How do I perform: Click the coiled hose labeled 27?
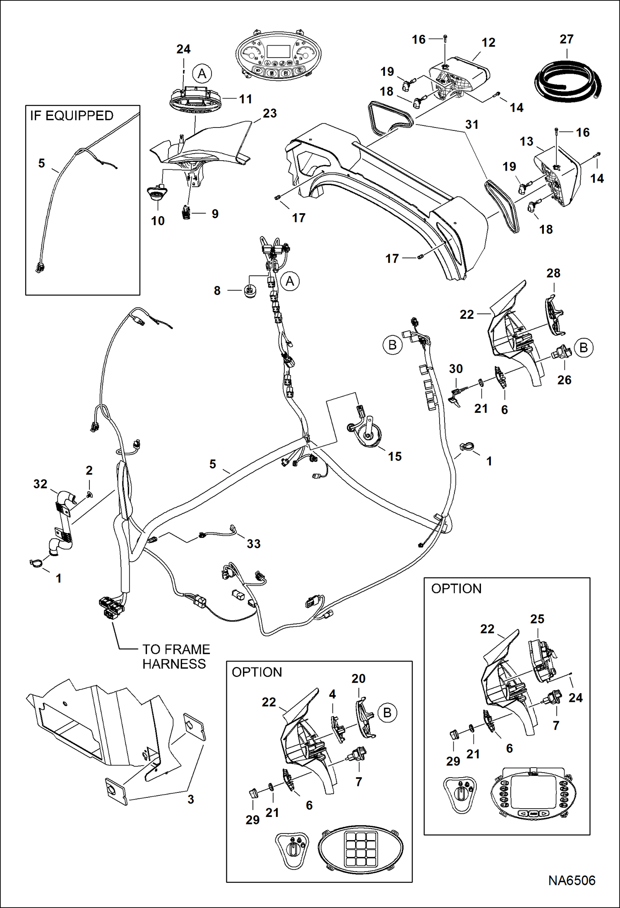click(567, 80)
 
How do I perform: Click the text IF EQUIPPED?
click(72, 116)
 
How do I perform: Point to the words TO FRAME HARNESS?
click(175, 656)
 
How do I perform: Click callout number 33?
click(253, 544)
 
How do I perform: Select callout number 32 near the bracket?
click(40, 484)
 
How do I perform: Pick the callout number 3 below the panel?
click(191, 799)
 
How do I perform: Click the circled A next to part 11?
click(202, 74)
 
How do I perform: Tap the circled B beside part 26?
click(584, 347)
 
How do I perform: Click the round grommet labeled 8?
click(249, 291)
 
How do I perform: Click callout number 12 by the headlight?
click(488, 42)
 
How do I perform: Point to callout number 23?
click(269, 113)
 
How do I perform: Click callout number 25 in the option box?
click(537, 619)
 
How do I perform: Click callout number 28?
click(553, 273)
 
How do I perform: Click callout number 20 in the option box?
click(358, 679)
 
